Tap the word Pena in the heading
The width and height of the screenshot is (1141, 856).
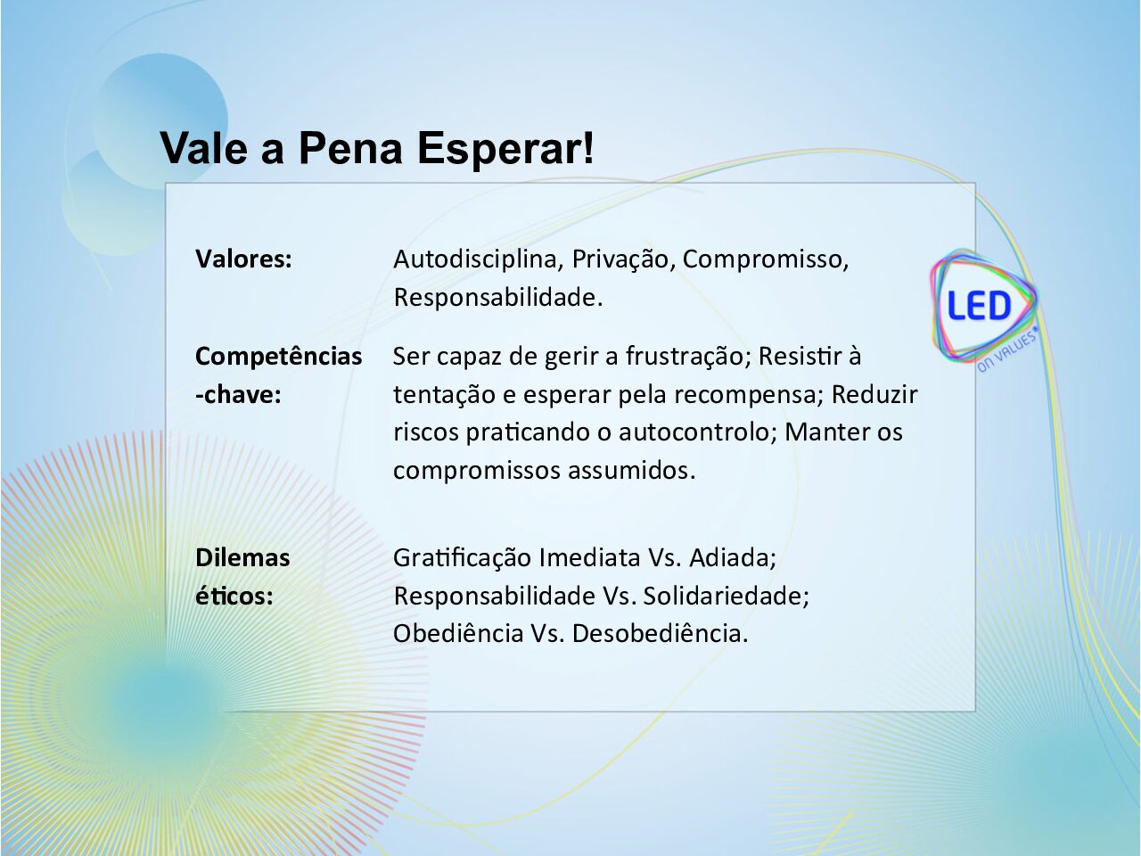[351, 148]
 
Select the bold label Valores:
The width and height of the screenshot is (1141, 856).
[243, 259]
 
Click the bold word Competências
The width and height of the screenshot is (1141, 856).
[279, 357]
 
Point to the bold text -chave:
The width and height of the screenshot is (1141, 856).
[238, 395]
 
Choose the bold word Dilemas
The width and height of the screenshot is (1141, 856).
[242, 557]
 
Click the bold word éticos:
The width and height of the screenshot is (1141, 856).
[234, 597]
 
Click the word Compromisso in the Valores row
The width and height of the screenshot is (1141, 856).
[765, 259]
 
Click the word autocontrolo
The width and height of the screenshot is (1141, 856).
[694, 432]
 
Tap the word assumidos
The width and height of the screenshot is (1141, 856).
[632, 471]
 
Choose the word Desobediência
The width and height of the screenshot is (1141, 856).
[661, 634]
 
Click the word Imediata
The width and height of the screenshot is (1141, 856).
[589, 557]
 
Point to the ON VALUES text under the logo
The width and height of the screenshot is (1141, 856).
[1007, 350]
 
